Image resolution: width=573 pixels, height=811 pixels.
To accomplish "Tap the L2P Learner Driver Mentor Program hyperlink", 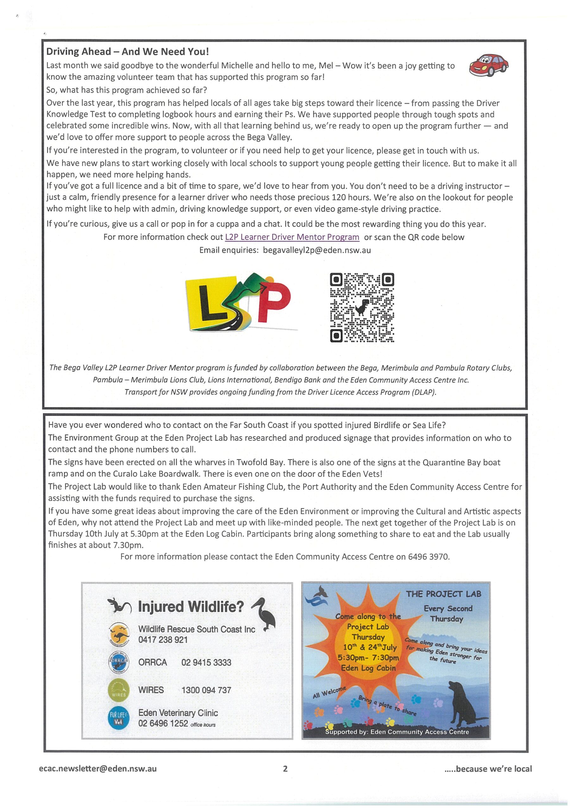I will (x=292, y=237).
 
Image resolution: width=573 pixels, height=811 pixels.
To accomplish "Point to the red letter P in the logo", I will (x=274, y=302).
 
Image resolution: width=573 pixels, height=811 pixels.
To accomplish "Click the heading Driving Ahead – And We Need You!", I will (x=128, y=52).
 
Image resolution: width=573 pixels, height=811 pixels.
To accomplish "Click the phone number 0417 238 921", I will (x=163, y=640).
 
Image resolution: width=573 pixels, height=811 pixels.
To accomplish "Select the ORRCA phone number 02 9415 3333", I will (x=206, y=662).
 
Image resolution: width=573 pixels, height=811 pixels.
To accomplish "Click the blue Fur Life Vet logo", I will (x=119, y=718).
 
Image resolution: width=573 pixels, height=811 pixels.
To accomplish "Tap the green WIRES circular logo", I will (x=119, y=690).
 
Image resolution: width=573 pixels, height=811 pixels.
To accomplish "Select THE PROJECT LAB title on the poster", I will (x=444, y=594).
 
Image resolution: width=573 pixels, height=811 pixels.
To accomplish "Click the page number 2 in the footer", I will (x=285, y=769).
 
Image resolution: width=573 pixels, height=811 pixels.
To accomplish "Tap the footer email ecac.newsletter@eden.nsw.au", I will (x=98, y=769).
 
